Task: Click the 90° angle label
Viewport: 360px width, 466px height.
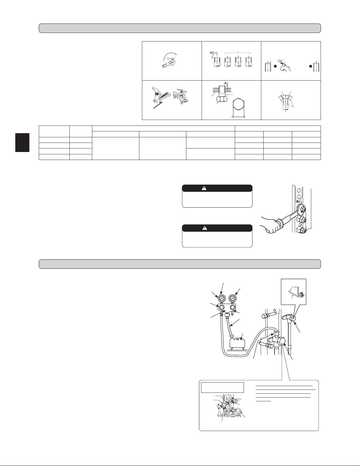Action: click(x=212, y=53)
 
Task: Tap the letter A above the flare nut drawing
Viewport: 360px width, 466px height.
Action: click(x=225, y=83)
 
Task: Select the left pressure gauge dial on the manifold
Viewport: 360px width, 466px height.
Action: click(x=221, y=299)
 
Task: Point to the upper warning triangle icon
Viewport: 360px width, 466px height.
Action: click(x=204, y=188)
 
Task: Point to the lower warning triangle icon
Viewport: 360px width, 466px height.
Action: click(x=204, y=228)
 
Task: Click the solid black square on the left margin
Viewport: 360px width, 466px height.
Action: click(x=22, y=142)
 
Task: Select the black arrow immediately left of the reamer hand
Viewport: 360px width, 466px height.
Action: click(x=276, y=66)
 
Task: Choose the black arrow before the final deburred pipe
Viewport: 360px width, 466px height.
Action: click(x=311, y=66)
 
